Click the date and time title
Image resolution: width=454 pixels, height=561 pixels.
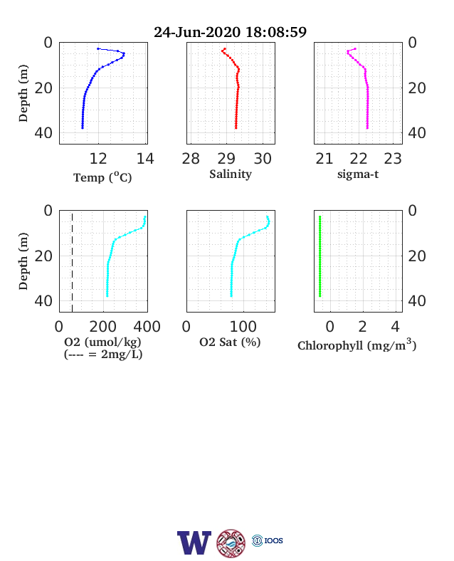pos(231,32)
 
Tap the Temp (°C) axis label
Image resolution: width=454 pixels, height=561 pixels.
pos(102,177)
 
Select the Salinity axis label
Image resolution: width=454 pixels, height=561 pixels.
pos(231,174)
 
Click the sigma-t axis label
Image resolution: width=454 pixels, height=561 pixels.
pos(358,174)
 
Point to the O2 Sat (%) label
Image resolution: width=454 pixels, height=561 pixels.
pos(230,342)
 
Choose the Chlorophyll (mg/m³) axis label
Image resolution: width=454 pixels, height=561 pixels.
pos(357,345)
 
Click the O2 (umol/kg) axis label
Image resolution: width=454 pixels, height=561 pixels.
pos(102,342)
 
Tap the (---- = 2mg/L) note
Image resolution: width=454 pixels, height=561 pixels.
pos(103,355)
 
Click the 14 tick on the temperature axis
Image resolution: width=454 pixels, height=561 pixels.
pos(145,159)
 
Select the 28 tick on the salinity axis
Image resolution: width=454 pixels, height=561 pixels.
pos(191,159)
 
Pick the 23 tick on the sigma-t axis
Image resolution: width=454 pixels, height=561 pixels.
pos(393,159)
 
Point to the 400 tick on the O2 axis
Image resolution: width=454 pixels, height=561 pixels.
pos(147,327)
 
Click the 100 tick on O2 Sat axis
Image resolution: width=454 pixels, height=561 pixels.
pos(243,327)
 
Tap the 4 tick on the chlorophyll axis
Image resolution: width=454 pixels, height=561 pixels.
pos(395,327)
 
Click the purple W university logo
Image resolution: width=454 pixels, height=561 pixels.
pos(194,542)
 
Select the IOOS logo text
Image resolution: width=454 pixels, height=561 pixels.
pos(273,540)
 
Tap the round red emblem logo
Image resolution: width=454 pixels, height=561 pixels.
pos(231,543)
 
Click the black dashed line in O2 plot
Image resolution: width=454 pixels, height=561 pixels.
pos(72,263)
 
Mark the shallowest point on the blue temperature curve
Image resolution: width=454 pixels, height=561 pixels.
pos(98,48)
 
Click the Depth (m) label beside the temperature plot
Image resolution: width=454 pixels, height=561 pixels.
pos(23,93)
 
